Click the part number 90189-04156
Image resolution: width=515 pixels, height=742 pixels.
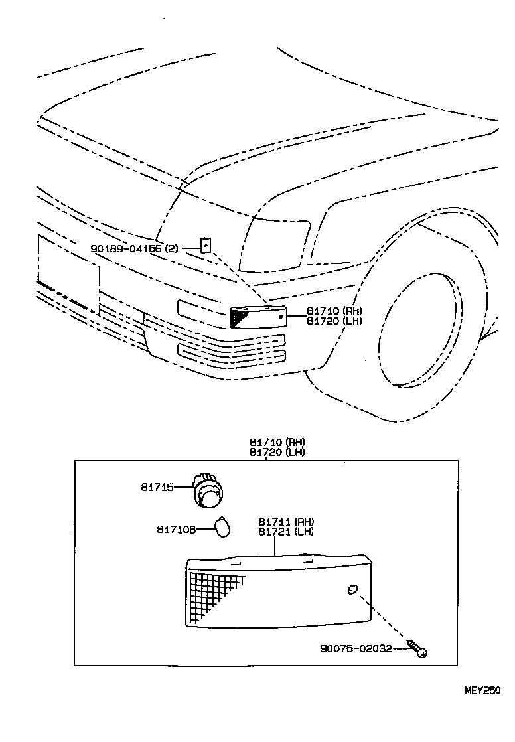pos(127,248)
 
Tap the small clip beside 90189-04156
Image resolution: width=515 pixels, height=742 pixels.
pos(206,245)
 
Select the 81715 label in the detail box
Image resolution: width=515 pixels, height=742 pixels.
pos(157,486)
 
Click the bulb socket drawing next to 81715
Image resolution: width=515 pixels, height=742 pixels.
pos(210,490)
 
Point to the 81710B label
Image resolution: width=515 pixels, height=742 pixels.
pos(176,529)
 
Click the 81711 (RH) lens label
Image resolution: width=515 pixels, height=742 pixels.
pos(287,522)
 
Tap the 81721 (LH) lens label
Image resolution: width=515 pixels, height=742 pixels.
pos(286,532)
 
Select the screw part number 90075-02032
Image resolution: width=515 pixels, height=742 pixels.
pos(356,649)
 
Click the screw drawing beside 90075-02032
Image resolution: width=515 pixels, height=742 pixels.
pos(417,648)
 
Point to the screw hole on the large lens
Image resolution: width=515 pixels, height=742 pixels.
pos(352,589)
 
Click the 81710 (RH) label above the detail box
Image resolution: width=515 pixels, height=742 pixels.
pos(277,442)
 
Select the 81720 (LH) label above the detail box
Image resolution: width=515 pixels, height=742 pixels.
pos(277,452)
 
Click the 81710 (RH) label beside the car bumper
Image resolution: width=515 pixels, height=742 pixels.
pos(334,311)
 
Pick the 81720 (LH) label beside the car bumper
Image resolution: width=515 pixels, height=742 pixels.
pos(334,321)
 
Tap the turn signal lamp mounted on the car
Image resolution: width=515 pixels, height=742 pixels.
pos(258,317)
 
